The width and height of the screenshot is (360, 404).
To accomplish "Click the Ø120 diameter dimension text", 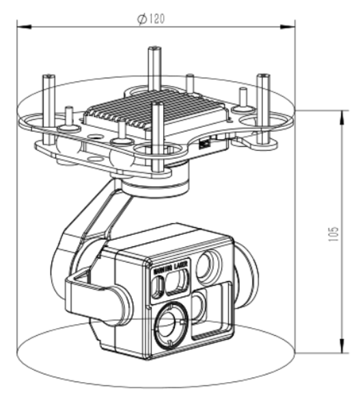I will pos(151,18).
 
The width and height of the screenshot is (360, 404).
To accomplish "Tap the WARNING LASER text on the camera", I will pos(168,268).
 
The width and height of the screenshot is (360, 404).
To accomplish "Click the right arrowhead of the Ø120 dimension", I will pos(292,27).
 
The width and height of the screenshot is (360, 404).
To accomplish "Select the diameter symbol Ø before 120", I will pos(140,18).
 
